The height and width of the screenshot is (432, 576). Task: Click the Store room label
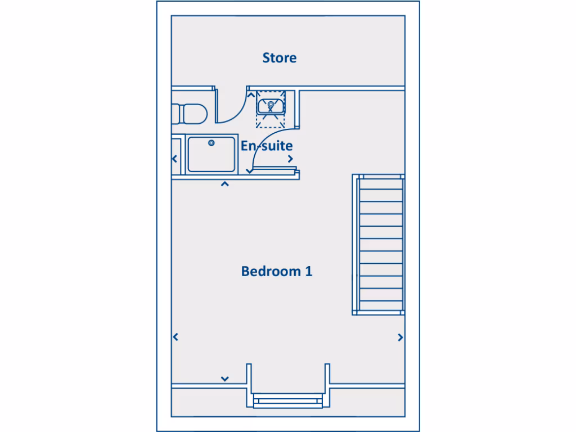(x=280, y=57)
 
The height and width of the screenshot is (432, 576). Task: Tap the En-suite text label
(x=267, y=146)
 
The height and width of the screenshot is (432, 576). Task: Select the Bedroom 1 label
(x=277, y=271)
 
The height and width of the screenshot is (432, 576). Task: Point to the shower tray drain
(x=211, y=143)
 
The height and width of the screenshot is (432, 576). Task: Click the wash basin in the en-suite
(x=271, y=105)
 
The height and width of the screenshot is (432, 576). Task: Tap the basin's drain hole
(x=271, y=104)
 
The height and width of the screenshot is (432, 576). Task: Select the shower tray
(x=211, y=154)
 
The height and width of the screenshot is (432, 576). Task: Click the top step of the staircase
(x=381, y=184)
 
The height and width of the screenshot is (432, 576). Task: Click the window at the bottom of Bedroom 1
(x=287, y=400)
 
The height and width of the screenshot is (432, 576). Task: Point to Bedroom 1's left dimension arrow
(x=175, y=337)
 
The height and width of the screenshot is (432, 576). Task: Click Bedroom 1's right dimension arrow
(x=400, y=337)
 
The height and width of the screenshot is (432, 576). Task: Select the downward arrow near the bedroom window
(x=224, y=379)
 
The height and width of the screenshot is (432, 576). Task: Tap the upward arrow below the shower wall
(x=224, y=184)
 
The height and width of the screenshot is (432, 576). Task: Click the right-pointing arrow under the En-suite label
(x=290, y=159)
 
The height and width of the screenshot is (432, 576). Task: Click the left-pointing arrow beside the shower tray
(x=175, y=159)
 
